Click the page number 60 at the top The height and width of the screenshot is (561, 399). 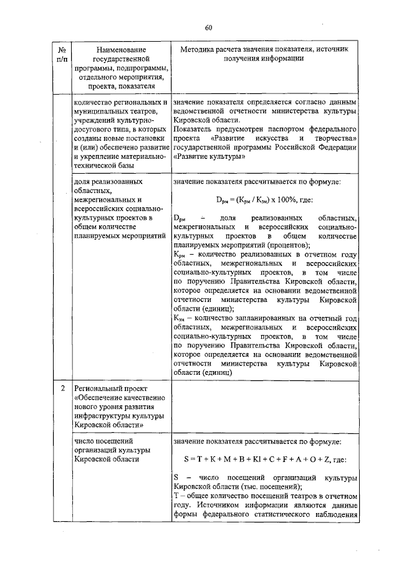click(x=209, y=27)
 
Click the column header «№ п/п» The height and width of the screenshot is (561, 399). click(x=62, y=54)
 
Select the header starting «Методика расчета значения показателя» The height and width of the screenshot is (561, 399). click(x=265, y=54)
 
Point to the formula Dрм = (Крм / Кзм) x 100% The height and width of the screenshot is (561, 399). click(x=264, y=200)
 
